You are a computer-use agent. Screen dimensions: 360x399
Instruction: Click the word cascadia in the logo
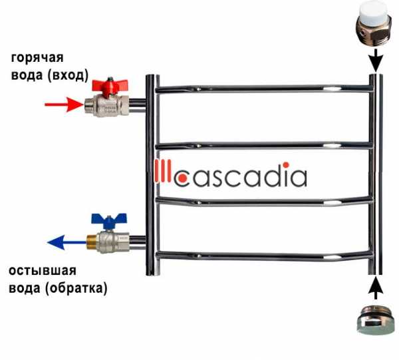[243, 176]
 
